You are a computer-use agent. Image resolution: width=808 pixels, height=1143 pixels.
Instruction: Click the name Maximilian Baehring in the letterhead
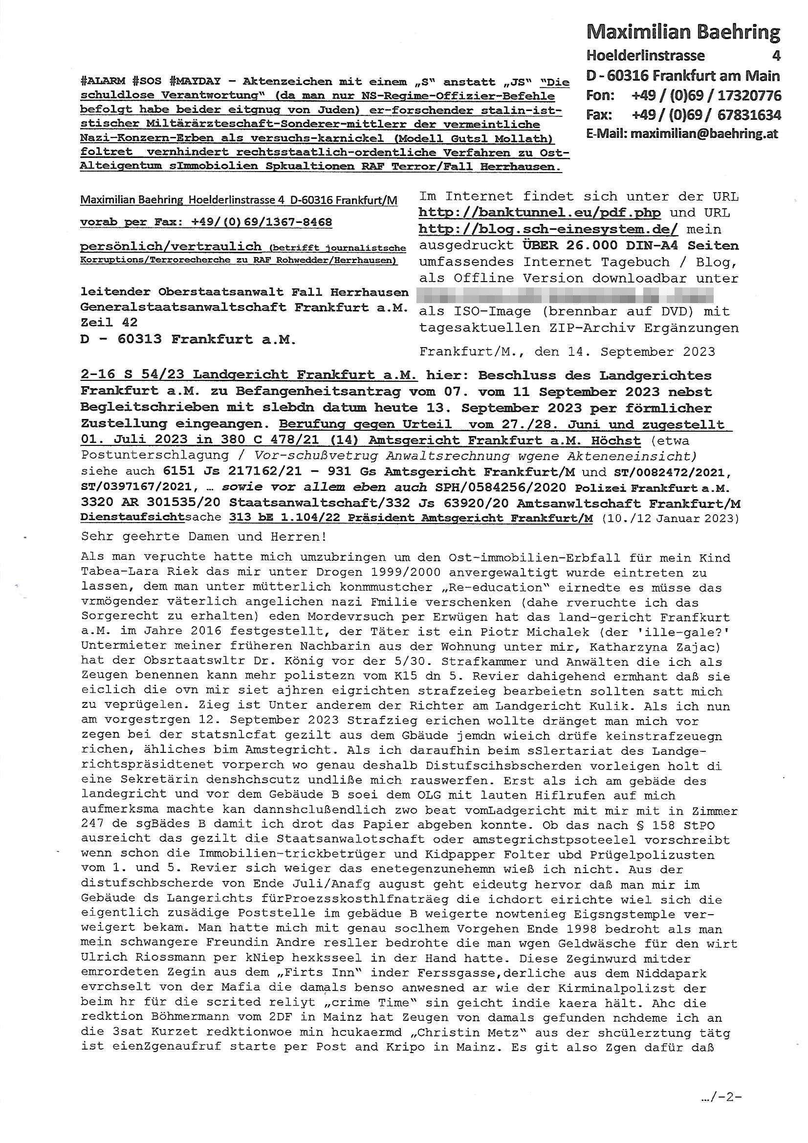[683, 33]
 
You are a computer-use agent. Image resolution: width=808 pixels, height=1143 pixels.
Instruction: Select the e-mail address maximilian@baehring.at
[703, 133]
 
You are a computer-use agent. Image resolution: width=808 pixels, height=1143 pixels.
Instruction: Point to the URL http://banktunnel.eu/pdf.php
[539, 213]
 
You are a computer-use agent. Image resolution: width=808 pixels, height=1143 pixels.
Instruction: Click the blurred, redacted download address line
[566, 295]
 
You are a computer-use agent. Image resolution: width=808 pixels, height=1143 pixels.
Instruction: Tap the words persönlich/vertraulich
[171, 246]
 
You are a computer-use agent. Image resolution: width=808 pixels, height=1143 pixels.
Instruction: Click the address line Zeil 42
[109, 322]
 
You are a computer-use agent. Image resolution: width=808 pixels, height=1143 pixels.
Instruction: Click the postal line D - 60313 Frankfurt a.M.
[188, 339]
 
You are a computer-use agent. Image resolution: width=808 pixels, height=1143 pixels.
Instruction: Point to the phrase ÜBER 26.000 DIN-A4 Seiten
[630, 245]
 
